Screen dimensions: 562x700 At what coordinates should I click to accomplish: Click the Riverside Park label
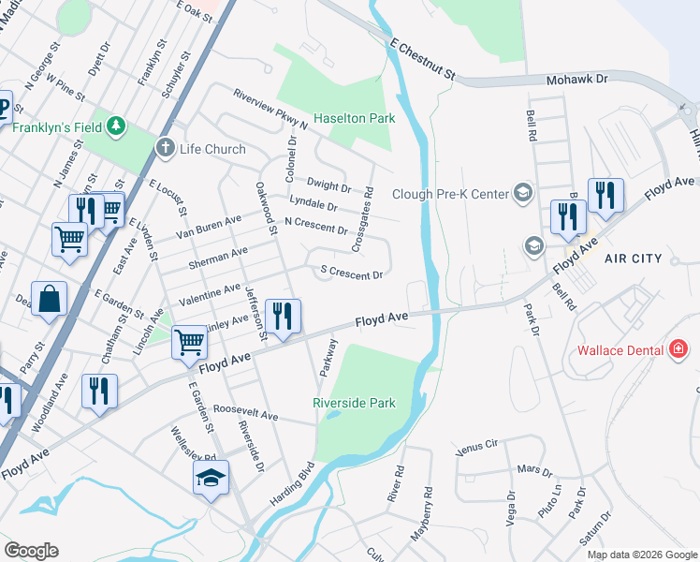[x=354, y=403]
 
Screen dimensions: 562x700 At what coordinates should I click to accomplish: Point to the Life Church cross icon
[x=166, y=148]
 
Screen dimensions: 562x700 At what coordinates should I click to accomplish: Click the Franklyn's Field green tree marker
[x=115, y=125]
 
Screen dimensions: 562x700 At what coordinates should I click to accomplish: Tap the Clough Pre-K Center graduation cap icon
[x=523, y=194]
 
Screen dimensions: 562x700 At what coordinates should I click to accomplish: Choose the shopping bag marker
[x=50, y=301]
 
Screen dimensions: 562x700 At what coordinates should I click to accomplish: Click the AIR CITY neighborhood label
[x=634, y=259]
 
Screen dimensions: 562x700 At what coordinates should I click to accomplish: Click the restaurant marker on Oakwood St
[x=283, y=316]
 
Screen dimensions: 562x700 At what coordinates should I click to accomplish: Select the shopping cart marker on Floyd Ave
[x=190, y=343]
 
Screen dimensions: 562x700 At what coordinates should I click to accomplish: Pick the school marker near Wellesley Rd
[x=211, y=479]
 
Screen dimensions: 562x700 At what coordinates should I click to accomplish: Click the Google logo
[x=31, y=551]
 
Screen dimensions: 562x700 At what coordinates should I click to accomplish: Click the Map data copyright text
[x=641, y=555]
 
